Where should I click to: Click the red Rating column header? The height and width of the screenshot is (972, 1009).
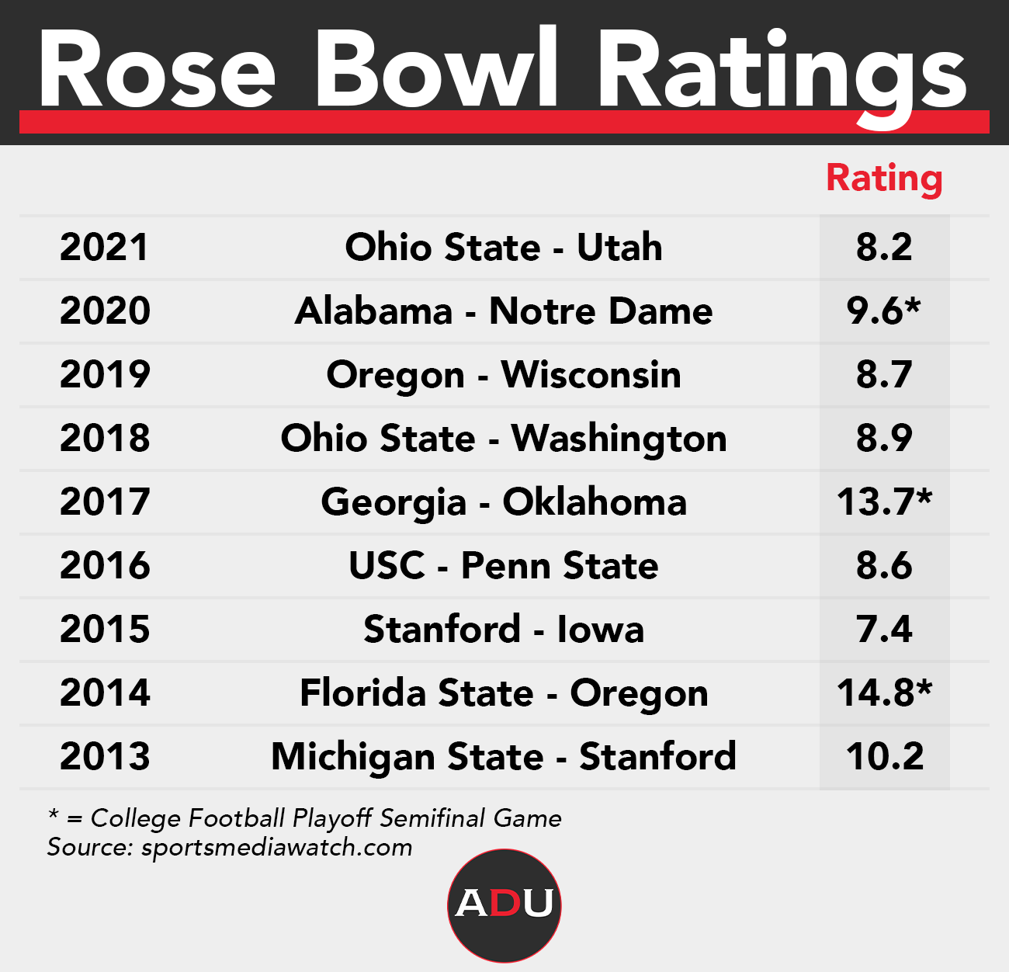pyautogui.click(x=884, y=179)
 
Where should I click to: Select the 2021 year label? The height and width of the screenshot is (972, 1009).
pyautogui.click(x=104, y=248)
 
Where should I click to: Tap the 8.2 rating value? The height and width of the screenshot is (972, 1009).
pyautogui.click(x=884, y=248)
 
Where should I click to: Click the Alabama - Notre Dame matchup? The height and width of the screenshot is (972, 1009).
pyautogui.click(x=504, y=311)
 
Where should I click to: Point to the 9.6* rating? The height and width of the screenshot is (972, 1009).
pyautogui.click(x=884, y=311)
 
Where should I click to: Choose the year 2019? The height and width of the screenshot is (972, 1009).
pyautogui.click(x=104, y=375)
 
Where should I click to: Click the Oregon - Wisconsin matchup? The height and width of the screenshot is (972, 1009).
pyautogui.click(x=504, y=375)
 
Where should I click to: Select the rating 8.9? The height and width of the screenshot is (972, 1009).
pyautogui.click(x=884, y=439)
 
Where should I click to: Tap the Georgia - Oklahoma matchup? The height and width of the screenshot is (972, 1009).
pyautogui.click(x=504, y=502)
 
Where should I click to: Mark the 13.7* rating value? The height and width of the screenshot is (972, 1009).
pyautogui.click(x=884, y=502)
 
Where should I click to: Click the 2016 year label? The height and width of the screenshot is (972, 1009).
pyautogui.click(x=104, y=566)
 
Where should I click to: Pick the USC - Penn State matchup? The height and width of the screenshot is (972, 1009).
pyautogui.click(x=504, y=566)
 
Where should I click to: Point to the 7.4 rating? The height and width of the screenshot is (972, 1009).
pyautogui.click(x=884, y=630)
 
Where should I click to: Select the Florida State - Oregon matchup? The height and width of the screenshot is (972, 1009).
pyautogui.click(x=504, y=693)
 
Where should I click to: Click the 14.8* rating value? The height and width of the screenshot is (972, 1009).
pyautogui.click(x=884, y=693)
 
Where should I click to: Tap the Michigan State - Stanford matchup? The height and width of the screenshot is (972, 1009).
pyautogui.click(x=504, y=757)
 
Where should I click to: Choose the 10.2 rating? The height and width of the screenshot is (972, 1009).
pyautogui.click(x=884, y=757)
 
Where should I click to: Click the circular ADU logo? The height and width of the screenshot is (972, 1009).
pyautogui.click(x=504, y=905)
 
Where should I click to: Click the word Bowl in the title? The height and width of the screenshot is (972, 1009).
pyautogui.click(x=436, y=70)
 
